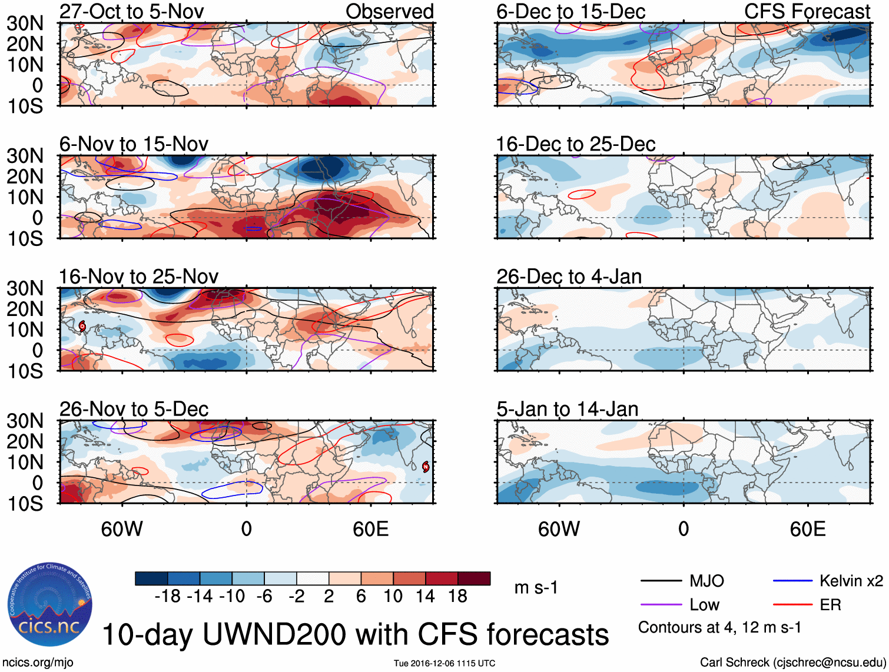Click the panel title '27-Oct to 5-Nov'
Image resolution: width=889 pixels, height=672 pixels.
tap(131, 11)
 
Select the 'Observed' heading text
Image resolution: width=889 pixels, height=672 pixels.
tap(389, 11)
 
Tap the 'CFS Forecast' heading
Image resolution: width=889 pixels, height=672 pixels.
tap(807, 11)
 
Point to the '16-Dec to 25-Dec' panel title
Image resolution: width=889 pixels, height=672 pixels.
tap(575, 144)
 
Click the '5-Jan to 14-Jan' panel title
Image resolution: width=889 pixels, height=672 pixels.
tap(567, 409)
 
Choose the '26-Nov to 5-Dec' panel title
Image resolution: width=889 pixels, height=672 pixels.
tap(134, 409)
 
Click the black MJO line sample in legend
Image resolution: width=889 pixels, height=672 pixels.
tap(661, 581)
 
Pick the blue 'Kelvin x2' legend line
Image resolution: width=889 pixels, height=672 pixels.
tap(792, 581)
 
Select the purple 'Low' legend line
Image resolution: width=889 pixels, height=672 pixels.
tap(661, 605)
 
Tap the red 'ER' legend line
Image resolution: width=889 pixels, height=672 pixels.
tap(792, 605)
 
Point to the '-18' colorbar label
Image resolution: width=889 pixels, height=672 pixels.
tap(167, 596)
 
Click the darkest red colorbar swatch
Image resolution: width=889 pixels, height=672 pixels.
tap(474, 578)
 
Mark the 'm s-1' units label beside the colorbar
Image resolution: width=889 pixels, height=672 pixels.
tap(536, 588)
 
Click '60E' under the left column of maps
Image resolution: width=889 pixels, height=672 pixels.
tap(370, 529)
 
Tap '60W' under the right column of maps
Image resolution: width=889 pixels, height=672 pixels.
tap(559, 529)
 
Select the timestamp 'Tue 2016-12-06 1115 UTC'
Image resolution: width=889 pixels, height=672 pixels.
tap(444, 663)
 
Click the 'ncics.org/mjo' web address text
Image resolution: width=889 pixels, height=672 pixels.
tap(38, 663)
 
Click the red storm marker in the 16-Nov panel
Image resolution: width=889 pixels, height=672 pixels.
tap(82, 325)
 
